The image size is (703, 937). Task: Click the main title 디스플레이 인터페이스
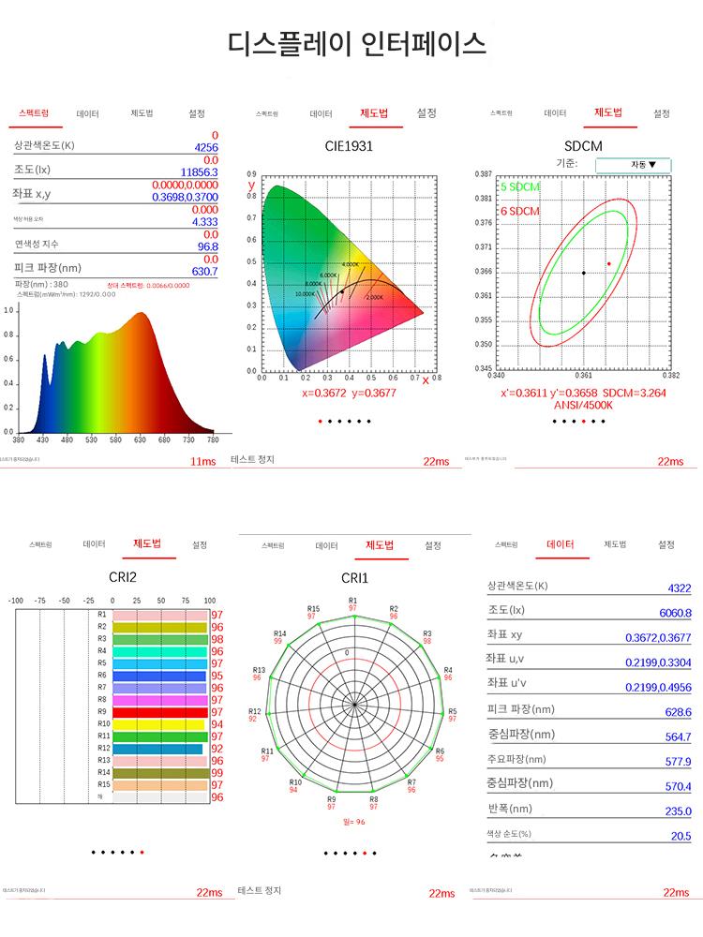(x=357, y=44)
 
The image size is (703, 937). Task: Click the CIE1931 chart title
(x=349, y=146)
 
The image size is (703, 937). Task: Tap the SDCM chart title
(x=583, y=146)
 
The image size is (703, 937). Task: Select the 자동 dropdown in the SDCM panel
(x=633, y=164)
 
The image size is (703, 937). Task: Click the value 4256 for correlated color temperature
(x=205, y=148)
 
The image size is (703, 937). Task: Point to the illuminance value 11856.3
(x=199, y=172)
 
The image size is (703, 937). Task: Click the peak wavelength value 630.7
(x=204, y=271)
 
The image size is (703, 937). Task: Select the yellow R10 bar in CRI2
(x=158, y=724)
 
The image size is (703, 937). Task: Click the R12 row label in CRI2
(x=102, y=748)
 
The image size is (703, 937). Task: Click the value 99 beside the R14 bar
(x=217, y=773)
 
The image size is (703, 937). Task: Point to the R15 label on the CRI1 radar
(x=313, y=609)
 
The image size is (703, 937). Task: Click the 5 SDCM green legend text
(x=520, y=187)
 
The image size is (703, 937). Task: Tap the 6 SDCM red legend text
(x=520, y=212)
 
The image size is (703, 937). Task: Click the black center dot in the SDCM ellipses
(x=583, y=273)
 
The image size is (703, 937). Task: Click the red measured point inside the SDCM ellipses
(x=608, y=264)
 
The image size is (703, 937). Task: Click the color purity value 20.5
(x=681, y=837)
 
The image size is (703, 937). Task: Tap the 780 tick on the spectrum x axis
(x=212, y=439)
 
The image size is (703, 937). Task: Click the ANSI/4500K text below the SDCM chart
(x=583, y=405)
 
